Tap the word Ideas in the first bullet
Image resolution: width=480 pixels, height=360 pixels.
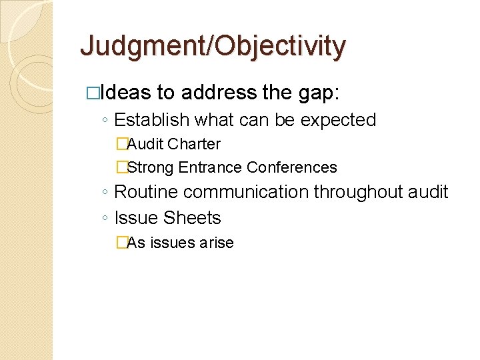tap(131, 92)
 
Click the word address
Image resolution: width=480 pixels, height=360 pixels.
tap(218, 92)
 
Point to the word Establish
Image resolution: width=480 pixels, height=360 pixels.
tap(152, 120)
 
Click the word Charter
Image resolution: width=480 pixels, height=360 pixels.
tap(194, 144)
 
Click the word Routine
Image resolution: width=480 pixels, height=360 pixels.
tap(147, 192)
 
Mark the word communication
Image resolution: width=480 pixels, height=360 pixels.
tap(246, 192)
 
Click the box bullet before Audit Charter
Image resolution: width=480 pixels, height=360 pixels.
tap(121, 144)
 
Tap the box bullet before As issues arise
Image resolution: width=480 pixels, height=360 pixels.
tap(121, 243)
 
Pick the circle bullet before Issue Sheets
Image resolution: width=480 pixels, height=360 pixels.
tap(106, 219)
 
